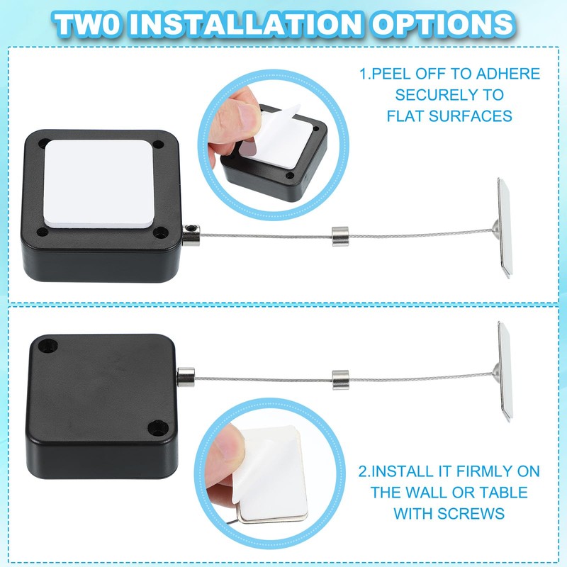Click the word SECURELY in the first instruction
pyautogui.click(x=449, y=94)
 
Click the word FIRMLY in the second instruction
pyautogui.click(x=456, y=471)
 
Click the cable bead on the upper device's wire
pyautogui.click(x=339, y=232)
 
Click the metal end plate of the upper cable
pyautogui.click(x=506, y=225)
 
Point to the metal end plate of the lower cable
pyautogui.click(x=506, y=370)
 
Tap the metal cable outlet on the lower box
pyautogui.click(x=188, y=377)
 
